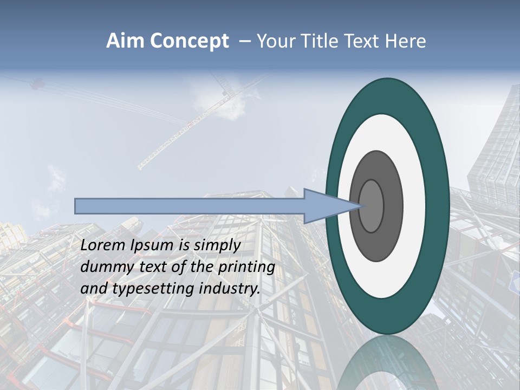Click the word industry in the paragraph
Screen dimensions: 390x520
[x=230, y=289]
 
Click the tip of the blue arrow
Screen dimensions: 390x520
[x=359, y=206]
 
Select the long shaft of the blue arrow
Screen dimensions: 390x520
[x=190, y=206]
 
